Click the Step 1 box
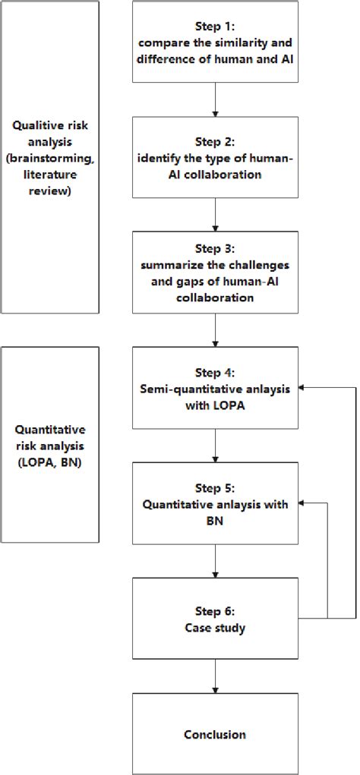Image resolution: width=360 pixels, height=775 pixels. click(216, 42)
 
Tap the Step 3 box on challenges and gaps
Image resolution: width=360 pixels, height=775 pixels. click(216, 273)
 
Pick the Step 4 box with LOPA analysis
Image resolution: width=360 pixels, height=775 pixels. click(216, 388)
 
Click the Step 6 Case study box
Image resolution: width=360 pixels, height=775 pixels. click(216, 618)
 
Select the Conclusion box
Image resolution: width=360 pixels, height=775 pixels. click(216, 734)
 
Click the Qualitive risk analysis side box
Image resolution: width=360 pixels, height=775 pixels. click(50, 157)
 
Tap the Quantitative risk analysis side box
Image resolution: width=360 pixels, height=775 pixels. click(50, 445)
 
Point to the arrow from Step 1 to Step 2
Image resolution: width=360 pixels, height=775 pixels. click(216, 99)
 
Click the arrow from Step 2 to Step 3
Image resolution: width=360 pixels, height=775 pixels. click(216, 215)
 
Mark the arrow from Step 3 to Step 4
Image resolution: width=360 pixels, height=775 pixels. click(216, 330)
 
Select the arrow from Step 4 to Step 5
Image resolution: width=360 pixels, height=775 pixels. click(216, 446)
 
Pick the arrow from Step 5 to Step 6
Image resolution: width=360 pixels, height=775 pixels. click(216, 561)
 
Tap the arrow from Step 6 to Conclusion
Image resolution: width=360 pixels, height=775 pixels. click(216, 676)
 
